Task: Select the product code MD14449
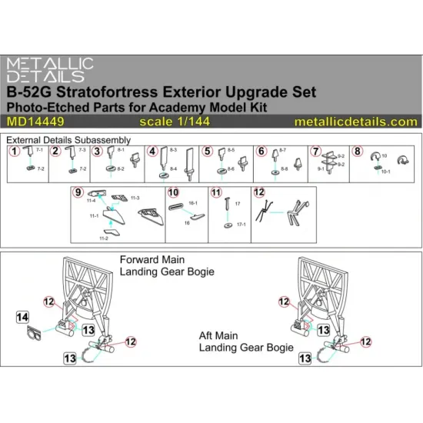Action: point(31,122)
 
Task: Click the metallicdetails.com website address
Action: point(355,122)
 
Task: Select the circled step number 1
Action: point(14,152)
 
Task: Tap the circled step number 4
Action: point(154,152)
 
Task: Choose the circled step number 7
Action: point(315,152)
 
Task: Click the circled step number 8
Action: point(358,152)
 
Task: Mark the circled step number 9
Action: point(78,192)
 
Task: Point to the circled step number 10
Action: point(174,192)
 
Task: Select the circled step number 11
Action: point(217,192)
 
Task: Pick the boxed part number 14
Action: point(22,317)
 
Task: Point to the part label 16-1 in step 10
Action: point(193,204)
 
